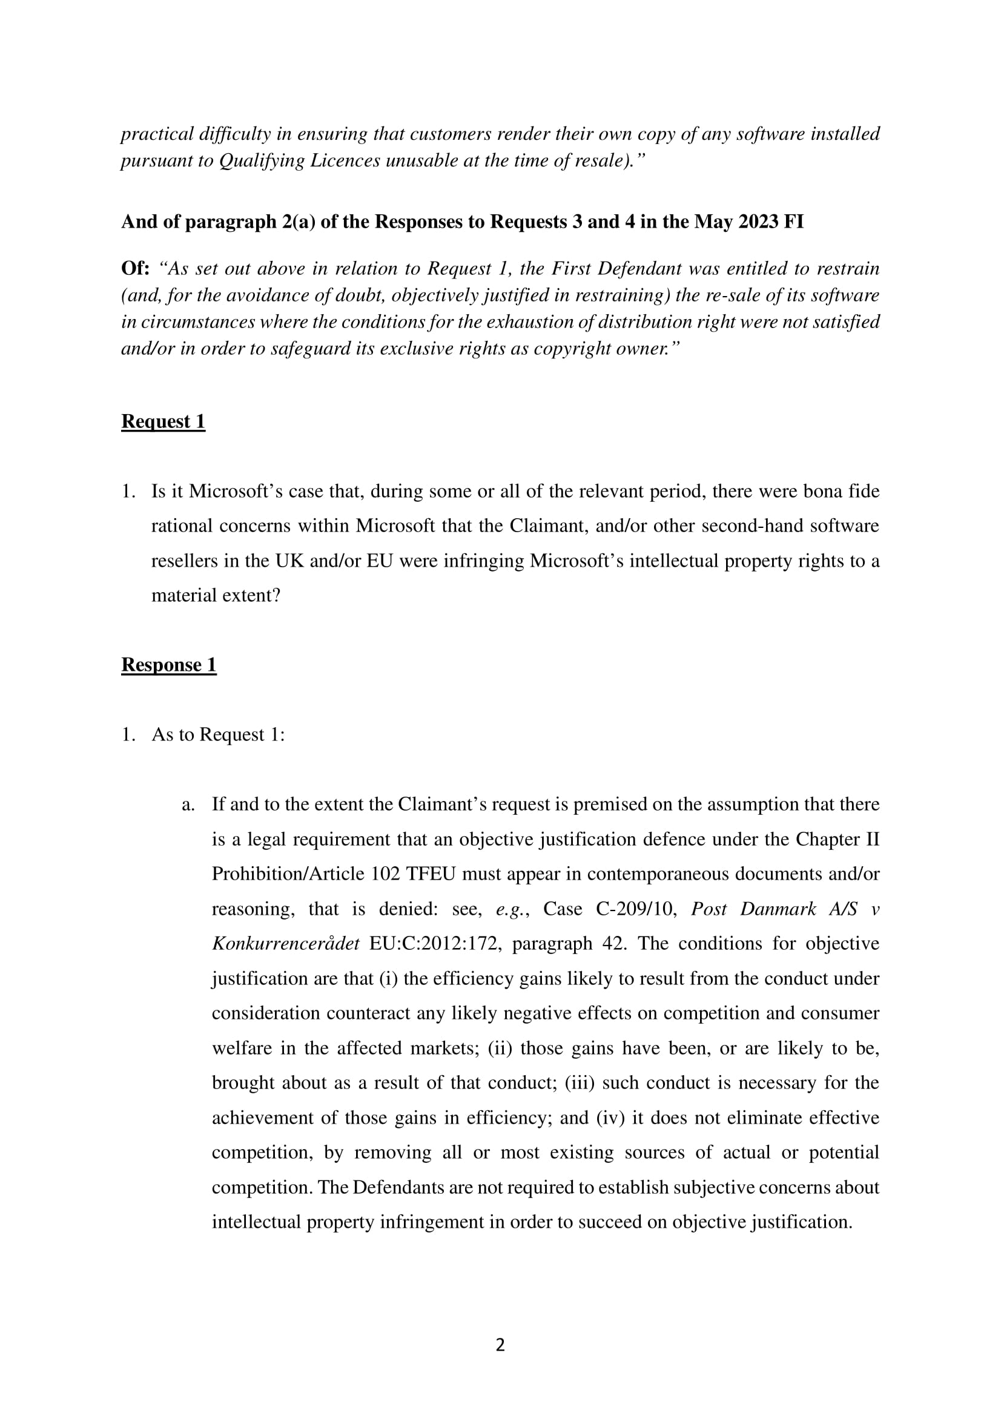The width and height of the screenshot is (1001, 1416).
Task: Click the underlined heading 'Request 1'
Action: (163, 421)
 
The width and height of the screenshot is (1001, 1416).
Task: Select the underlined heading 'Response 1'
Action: (168, 665)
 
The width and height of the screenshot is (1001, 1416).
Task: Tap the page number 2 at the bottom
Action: (500, 1345)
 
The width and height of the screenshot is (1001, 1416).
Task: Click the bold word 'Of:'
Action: (135, 269)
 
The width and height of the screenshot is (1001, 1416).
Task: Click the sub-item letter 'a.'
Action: (189, 804)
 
